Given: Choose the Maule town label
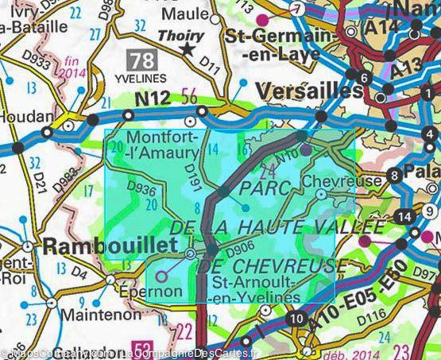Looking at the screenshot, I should [186, 15].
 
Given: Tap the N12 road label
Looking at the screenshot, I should [153, 98].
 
